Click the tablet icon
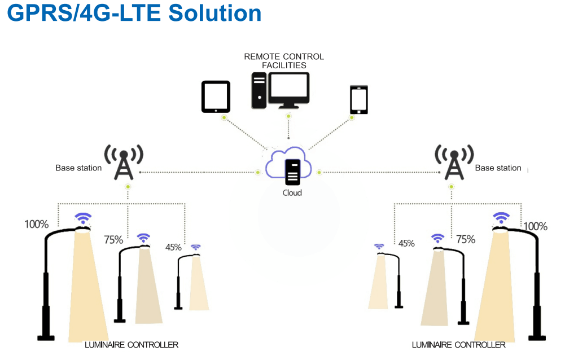coord(216,96)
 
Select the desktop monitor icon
coord(288,90)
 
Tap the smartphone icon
coord(359,100)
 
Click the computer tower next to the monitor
coord(259,90)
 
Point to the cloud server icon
coord(292,172)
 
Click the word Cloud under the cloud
coord(292,193)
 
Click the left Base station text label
coord(78,168)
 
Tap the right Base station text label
coord(498,168)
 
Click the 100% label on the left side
coord(36,225)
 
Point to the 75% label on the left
coord(113,240)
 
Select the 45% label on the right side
coord(406,244)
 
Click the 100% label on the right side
coord(535,227)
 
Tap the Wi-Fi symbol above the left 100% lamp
coord(84,218)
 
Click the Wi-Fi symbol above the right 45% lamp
coord(379,247)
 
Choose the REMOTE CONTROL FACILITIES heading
coord(284,61)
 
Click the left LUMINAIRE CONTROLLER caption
coord(132,345)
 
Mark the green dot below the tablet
coord(224,118)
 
